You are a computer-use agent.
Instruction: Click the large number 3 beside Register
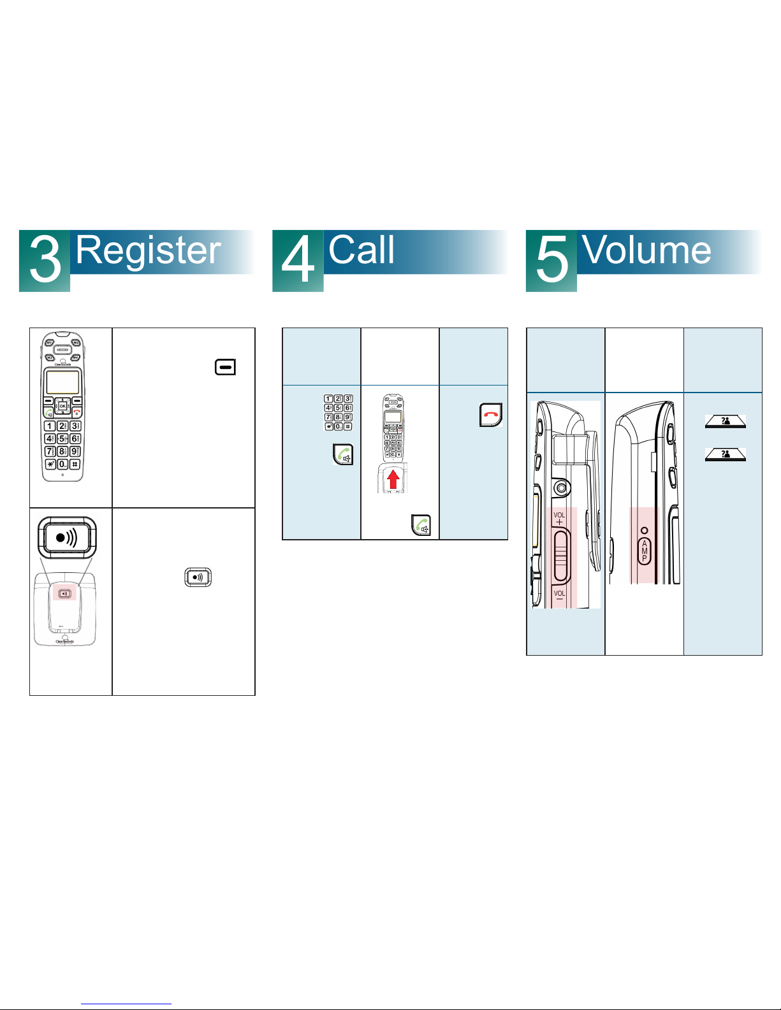tap(45, 261)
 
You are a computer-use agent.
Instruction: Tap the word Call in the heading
tap(361, 250)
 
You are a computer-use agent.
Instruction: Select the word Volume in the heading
tap(646, 250)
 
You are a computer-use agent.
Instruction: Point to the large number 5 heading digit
tap(551, 261)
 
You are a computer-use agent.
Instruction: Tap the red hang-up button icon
tap(490, 415)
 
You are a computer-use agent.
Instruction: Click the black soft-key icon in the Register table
tap(226, 367)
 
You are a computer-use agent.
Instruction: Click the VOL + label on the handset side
tap(559, 519)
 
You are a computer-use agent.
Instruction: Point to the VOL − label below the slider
tap(559, 596)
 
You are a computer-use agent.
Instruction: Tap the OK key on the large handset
tap(62, 406)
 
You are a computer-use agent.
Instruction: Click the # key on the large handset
tap(75, 465)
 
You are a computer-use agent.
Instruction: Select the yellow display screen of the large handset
tap(62, 382)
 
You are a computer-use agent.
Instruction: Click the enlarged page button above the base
tap(67, 538)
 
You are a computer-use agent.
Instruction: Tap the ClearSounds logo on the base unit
tap(64, 640)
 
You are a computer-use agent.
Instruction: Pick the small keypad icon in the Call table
tap(339, 412)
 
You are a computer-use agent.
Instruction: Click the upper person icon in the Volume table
tap(725, 421)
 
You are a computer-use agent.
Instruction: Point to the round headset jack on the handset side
tap(561, 488)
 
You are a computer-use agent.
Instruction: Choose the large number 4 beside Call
tap(298, 261)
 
